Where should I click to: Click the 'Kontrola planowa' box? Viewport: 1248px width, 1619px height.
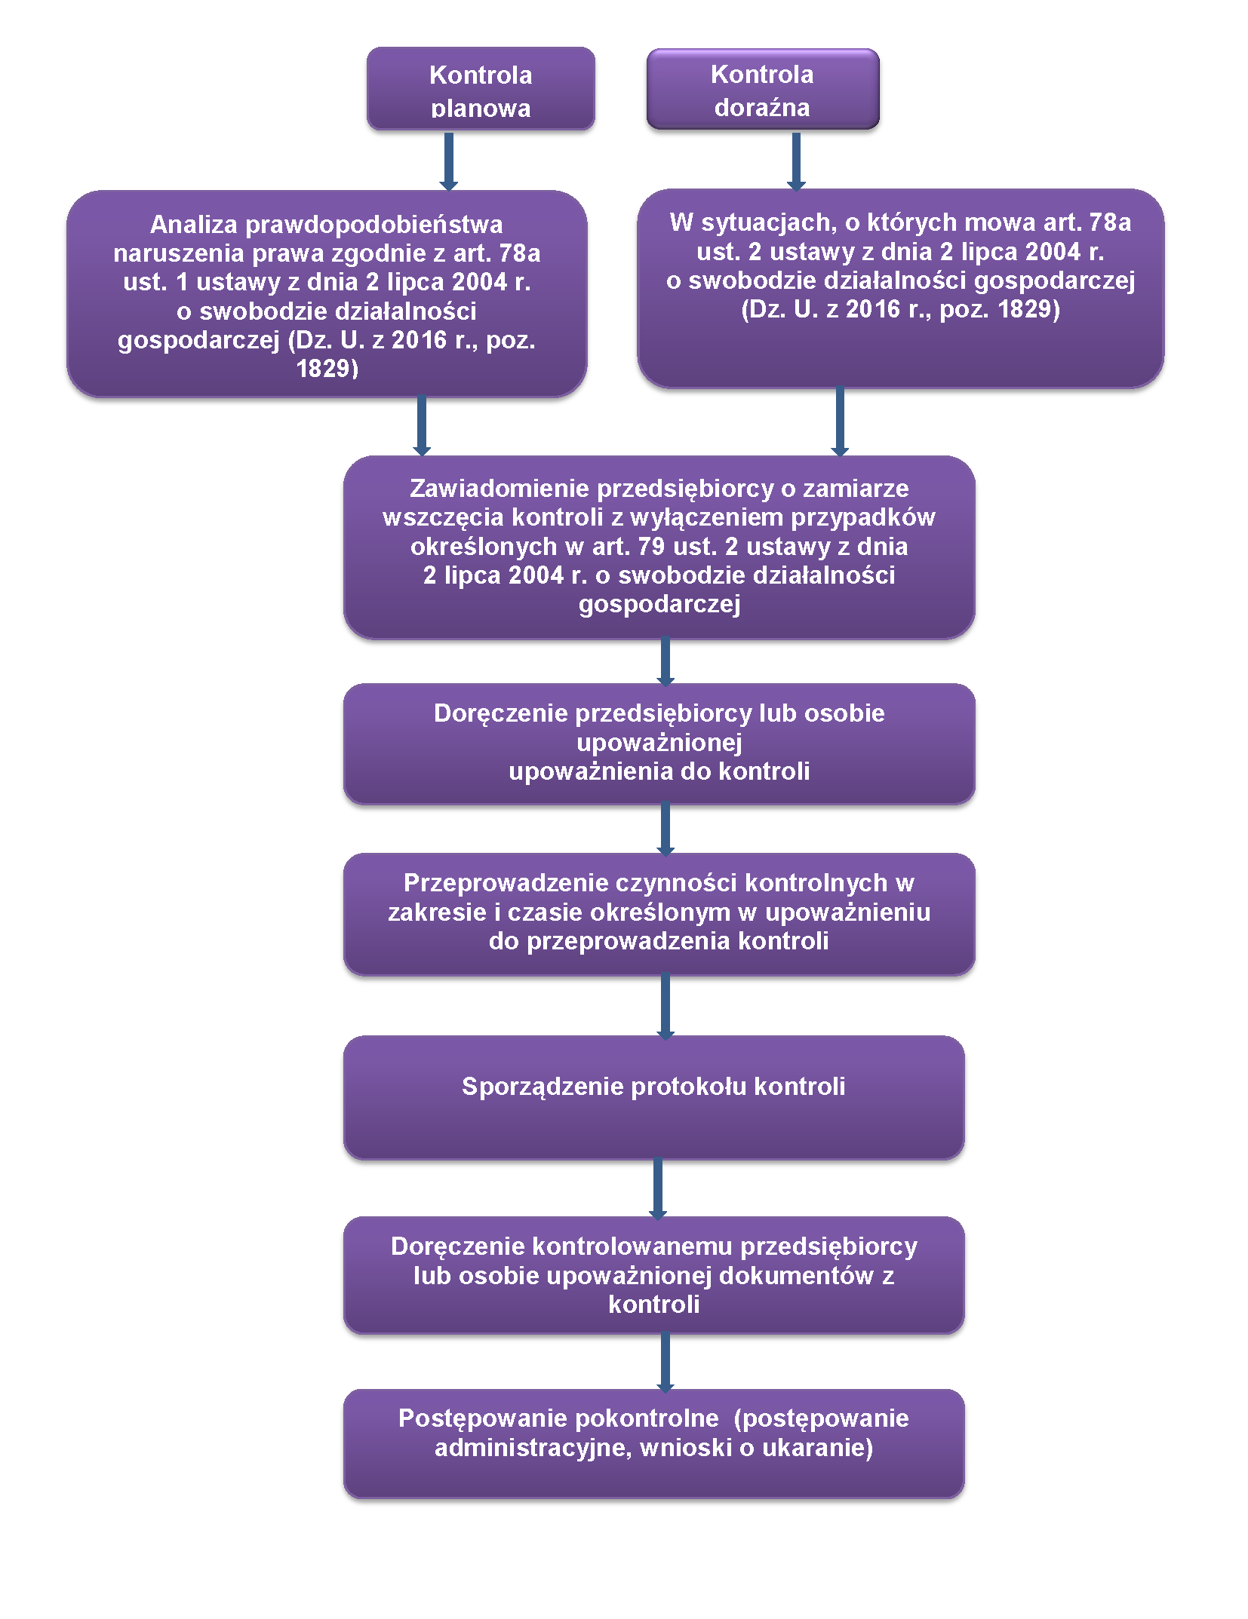(481, 89)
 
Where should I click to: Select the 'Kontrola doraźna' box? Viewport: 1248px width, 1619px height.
(762, 89)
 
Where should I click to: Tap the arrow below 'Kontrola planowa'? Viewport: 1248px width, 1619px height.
(449, 160)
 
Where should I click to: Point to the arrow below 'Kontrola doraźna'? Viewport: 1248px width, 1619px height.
(796, 160)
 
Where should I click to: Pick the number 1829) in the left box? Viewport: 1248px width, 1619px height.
(327, 369)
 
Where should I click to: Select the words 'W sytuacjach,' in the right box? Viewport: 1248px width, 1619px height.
(753, 222)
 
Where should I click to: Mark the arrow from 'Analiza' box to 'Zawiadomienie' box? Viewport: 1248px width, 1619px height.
(422, 425)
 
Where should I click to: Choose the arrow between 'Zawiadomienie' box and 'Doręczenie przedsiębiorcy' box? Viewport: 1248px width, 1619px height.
(665, 661)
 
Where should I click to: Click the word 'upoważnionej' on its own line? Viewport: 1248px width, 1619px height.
(659, 743)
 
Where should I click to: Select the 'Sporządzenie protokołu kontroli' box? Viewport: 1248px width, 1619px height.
(653, 1097)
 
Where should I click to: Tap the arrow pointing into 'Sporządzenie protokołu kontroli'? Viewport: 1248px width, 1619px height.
(665, 1006)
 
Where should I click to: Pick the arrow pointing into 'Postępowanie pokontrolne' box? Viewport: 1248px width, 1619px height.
(665, 1362)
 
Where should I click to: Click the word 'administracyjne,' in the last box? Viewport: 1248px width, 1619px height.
(533, 1448)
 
